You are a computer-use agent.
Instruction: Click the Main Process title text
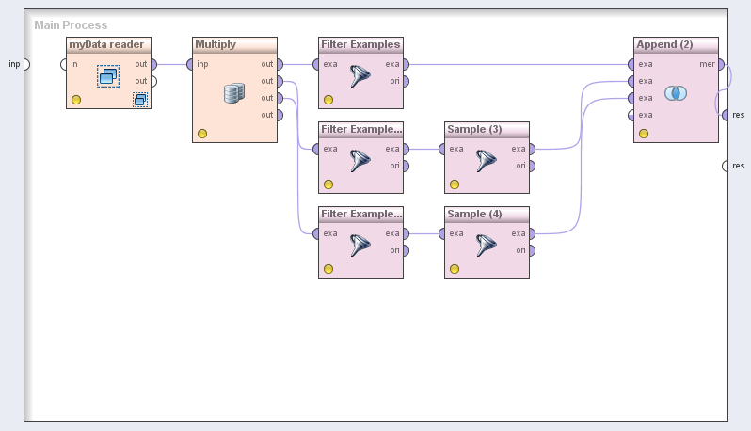click(71, 25)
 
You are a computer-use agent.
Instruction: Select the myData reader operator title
click(106, 44)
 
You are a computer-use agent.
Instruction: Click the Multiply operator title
click(215, 44)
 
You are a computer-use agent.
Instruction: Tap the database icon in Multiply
click(234, 92)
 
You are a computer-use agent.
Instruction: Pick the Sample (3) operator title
click(474, 129)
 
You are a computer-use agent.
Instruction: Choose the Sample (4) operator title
click(474, 214)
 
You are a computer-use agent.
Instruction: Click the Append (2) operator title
click(664, 44)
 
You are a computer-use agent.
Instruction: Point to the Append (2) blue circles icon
click(676, 92)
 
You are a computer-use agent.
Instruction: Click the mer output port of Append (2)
click(722, 64)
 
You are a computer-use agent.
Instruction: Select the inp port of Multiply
click(190, 64)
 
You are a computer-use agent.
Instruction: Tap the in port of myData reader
click(64, 64)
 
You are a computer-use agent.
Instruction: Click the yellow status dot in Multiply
click(202, 134)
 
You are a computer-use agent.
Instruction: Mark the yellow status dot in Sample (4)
click(455, 269)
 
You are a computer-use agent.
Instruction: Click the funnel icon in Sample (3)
click(486, 161)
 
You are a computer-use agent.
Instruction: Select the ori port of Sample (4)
click(532, 250)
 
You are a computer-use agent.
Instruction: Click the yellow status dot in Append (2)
click(644, 134)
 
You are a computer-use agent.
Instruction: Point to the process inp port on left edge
click(25, 64)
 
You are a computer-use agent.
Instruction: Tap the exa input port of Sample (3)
click(442, 149)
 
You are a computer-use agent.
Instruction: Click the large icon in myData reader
click(108, 76)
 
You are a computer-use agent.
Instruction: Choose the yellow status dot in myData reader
click(76, 99)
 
